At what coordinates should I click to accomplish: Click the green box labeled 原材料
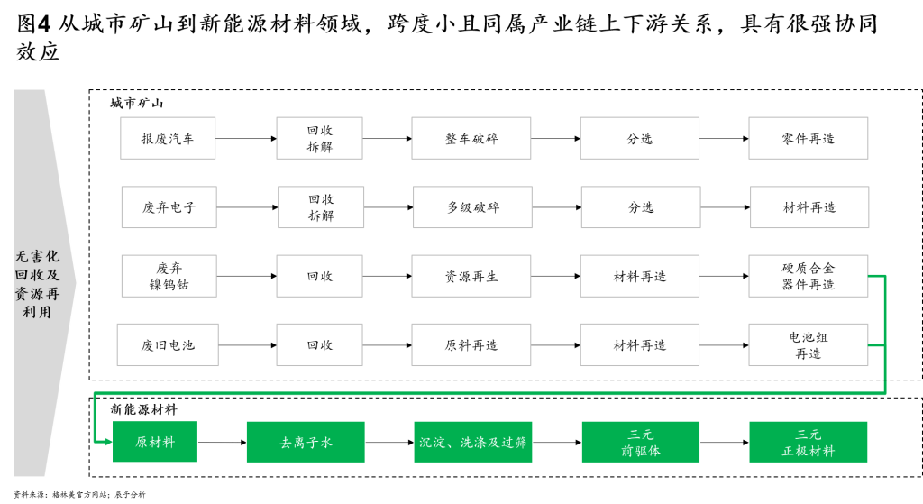point(154,442)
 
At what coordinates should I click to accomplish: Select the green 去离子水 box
point(306,442)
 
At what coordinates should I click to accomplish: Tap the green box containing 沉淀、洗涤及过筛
point(472,442)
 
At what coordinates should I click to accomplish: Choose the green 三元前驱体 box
point(640,442)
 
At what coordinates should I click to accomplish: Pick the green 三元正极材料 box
point(808,442)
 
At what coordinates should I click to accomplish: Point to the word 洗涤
point(474,443)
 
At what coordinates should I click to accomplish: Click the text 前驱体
point(640,451)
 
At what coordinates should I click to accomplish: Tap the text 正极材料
point(808,451)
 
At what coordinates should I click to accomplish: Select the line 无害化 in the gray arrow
point(37,256)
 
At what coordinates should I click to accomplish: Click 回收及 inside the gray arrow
point(37,275)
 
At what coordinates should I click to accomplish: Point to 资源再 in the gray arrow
point(37,294)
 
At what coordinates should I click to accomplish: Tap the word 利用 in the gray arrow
point(37,312)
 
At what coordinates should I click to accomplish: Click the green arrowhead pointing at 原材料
point(107,442)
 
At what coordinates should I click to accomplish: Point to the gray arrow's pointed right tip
point(76,283)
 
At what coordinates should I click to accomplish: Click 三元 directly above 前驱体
point(640,434)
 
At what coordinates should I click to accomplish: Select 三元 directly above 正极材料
point(808,434)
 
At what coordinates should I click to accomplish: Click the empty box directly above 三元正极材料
point(808,344)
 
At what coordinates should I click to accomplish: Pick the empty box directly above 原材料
point(168,344)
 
